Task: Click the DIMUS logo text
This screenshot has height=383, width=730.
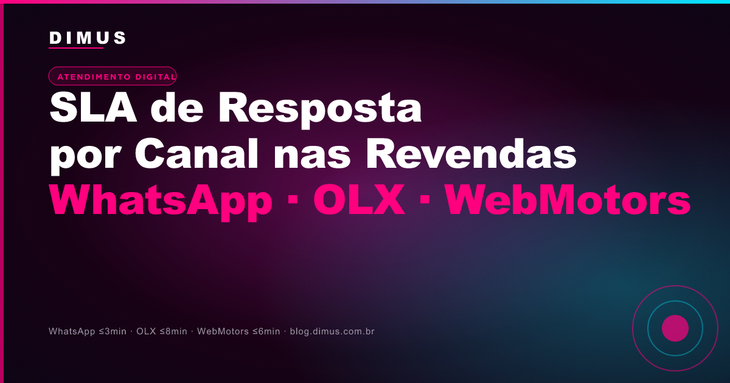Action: [88, 38]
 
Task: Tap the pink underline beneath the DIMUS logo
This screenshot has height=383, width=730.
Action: [76, 48]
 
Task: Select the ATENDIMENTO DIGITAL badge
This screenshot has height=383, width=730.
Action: [113, 76]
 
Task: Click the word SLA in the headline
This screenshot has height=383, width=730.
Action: [93, 108]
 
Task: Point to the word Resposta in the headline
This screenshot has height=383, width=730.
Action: [320, 110]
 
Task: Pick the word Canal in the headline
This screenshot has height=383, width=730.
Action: [196, 153]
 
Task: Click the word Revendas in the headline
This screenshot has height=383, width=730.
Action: [471, 153]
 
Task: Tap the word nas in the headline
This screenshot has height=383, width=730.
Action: [312, 157]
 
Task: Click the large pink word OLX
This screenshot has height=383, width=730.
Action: [359, 199]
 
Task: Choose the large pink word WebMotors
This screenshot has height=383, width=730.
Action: [568, 199]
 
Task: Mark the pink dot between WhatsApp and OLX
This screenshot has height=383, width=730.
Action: [293, 199]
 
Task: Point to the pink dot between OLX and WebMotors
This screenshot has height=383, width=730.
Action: [425, 199]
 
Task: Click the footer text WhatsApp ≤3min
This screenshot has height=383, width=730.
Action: [88, 331]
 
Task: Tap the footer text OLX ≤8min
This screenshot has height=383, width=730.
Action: [162, 331]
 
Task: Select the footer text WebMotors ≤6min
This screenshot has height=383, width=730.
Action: [238, 331]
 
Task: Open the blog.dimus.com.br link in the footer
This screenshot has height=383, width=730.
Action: [332, 331]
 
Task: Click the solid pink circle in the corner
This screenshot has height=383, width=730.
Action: [675, 328]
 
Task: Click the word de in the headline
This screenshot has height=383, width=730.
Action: [177, 108]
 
